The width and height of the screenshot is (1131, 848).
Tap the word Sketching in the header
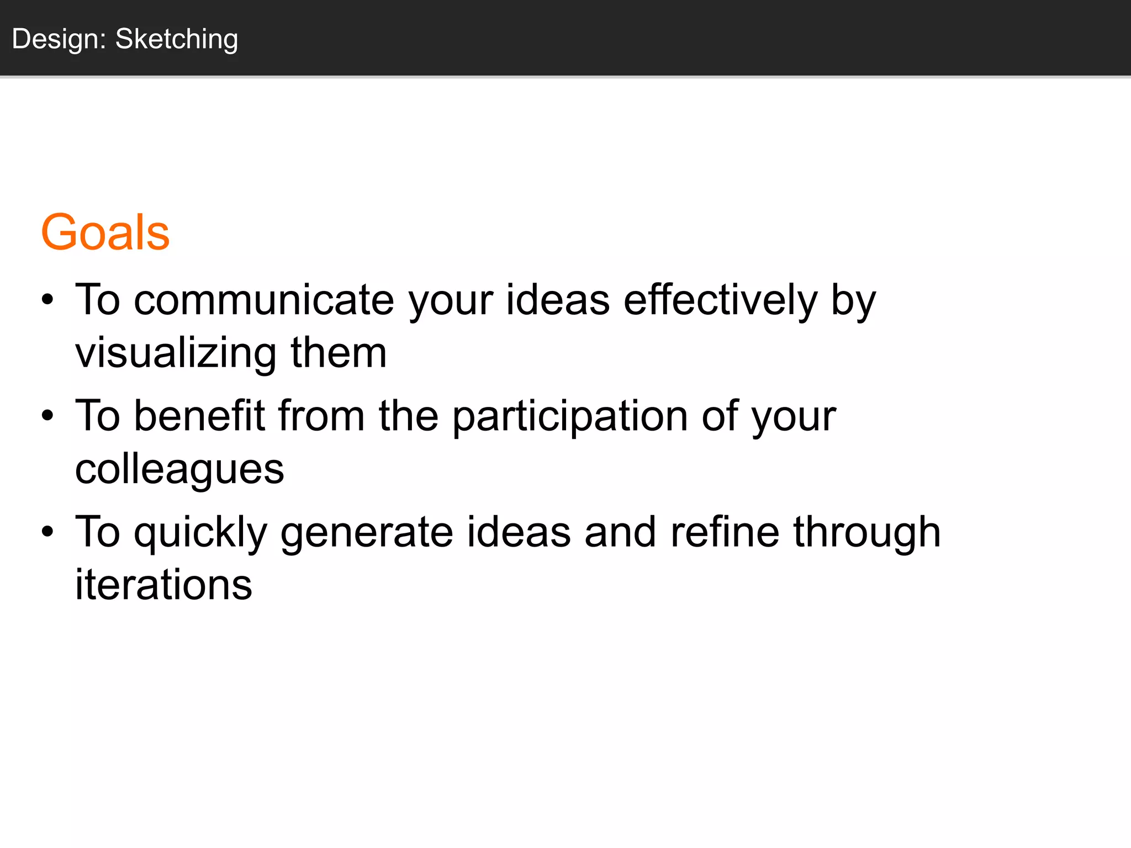click(177, 39)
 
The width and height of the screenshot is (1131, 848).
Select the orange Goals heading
click(105, 232)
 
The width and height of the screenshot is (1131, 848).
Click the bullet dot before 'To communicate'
click(48, 300)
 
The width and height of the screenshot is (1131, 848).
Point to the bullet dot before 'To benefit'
click(48, 416)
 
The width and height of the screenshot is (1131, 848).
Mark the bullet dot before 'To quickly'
click(48, 532)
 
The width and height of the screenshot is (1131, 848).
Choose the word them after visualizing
click(339, 353)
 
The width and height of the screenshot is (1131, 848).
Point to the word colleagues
click(179, 470)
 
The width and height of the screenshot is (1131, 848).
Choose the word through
click(867, 533)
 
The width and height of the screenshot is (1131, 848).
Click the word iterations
click(163, 585)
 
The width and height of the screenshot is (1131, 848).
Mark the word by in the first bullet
click(854, 301)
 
